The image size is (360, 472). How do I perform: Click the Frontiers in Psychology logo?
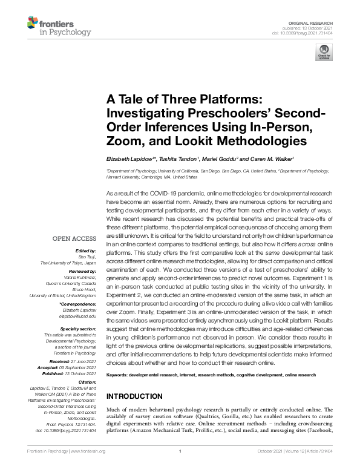(x=59, y=26)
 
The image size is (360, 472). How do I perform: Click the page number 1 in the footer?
(x=180, y=468)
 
